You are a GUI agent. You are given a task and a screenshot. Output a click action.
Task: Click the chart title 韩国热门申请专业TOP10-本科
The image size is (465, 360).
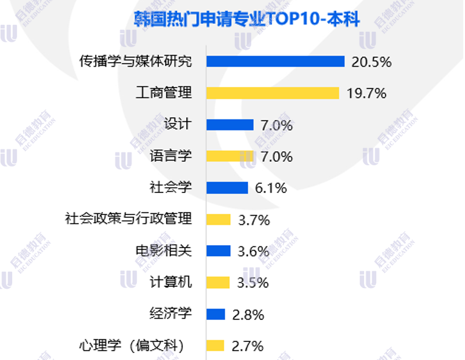246,20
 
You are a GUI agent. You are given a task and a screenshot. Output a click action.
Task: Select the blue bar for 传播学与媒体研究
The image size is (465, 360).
275,61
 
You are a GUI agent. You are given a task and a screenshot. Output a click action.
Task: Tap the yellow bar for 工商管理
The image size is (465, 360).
273,93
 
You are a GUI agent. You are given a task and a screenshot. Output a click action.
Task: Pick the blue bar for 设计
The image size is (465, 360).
230,125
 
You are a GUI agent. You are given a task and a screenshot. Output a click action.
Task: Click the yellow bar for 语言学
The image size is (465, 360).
230,156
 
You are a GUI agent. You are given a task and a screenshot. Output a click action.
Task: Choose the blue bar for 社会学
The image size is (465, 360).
227,188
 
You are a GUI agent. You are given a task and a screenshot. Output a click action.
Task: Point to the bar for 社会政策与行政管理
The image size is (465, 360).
219,219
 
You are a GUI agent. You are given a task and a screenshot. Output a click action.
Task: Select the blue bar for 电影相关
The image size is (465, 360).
219,251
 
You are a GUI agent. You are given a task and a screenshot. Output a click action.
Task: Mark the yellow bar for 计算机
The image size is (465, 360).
218,282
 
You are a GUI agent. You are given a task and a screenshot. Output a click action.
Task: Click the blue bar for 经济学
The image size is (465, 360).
216,314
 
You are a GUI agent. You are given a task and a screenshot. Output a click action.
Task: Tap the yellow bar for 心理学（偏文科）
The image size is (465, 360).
215,346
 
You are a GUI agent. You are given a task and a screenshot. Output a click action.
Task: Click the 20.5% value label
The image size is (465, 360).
372,62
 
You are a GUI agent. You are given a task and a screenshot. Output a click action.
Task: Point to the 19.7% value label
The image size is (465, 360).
366,93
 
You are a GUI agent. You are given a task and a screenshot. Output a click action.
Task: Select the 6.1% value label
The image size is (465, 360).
271,188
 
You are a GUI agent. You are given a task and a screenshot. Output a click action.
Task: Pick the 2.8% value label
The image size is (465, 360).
248,315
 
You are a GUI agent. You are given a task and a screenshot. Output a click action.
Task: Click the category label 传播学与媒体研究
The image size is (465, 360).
135,61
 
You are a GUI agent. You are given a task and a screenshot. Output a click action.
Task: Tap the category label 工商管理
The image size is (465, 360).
163,93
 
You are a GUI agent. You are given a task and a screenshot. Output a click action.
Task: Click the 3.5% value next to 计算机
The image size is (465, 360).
253,283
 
